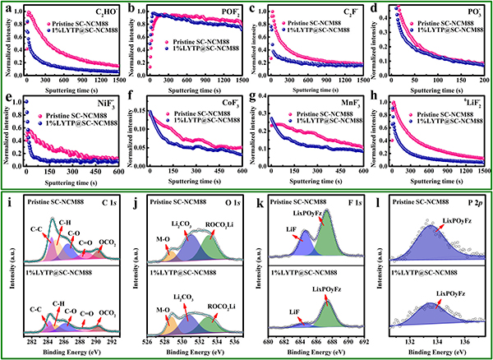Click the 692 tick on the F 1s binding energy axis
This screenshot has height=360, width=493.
pos(356,339)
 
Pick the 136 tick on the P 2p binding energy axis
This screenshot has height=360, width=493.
pos(465,339)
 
